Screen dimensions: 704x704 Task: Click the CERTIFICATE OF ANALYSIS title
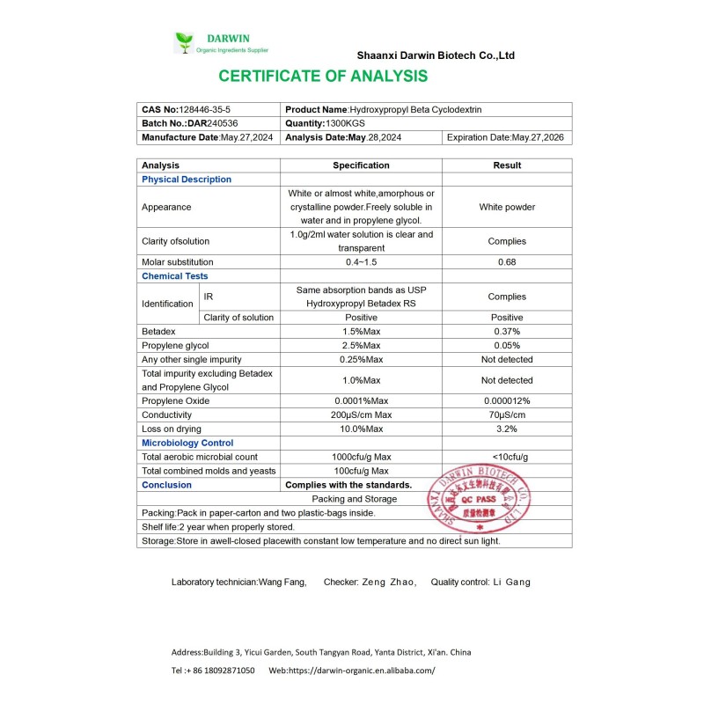click(x=323, y=77)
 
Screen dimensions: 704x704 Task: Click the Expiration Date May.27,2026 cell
click(x=505, y=137)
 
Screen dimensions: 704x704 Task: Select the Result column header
click(x=507, y=165)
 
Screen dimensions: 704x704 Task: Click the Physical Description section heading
click(x=187, y=180)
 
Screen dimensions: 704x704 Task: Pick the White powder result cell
click(x=507, y=208)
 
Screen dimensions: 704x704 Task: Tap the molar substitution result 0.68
click(x=507, y=262)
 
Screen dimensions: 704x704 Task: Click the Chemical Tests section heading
click(x=175, y=276)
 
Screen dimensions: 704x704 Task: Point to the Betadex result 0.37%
click(x=507, y=331)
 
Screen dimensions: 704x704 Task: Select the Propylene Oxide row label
click(x=174, y=400)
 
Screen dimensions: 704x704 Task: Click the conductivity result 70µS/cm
click(x=507, y=414)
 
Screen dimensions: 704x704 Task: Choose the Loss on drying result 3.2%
click(x=507, y=429)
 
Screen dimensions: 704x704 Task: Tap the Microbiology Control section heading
click(x=187, y=443)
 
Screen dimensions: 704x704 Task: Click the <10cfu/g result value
click(x=507, y=457)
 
